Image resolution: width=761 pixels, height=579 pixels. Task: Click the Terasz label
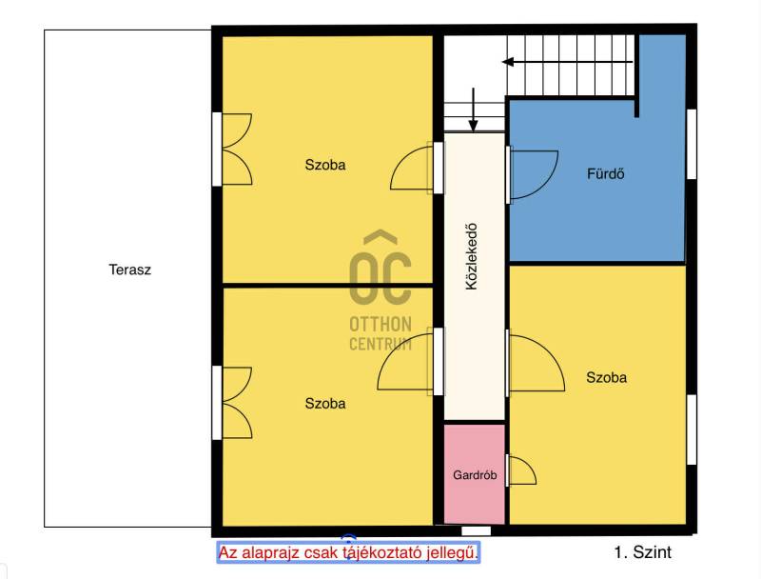click(129, 270)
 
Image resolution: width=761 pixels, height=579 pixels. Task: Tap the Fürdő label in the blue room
click(605, 173)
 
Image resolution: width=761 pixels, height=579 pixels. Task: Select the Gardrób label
click(475, 474)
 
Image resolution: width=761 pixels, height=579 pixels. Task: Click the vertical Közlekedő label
click(471, 256)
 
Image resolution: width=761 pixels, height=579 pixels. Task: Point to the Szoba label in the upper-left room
click(325, 165)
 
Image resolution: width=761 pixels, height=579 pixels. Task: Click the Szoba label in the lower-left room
click(325, 403)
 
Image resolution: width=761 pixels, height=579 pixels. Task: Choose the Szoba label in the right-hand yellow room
click(606, 377)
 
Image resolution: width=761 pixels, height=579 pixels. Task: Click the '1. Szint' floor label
click(643, 552)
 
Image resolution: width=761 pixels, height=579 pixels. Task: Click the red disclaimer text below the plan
click(348, 552)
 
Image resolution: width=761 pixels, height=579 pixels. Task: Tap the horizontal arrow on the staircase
click(567, 62)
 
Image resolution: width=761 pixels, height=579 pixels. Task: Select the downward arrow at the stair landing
click(473, 110)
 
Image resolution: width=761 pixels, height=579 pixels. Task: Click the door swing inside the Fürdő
click(532, 175)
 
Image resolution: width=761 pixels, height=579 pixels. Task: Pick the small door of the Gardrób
click(520, 469)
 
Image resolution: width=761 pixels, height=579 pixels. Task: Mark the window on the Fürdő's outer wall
click(692, 144)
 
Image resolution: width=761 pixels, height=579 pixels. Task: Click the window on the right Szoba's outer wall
click(692, 429)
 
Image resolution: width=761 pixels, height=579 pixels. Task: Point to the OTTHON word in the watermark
click(380, 324)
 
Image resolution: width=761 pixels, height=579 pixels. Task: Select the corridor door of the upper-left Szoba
click(417, 168)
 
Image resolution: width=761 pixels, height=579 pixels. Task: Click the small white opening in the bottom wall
click(477, 531)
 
